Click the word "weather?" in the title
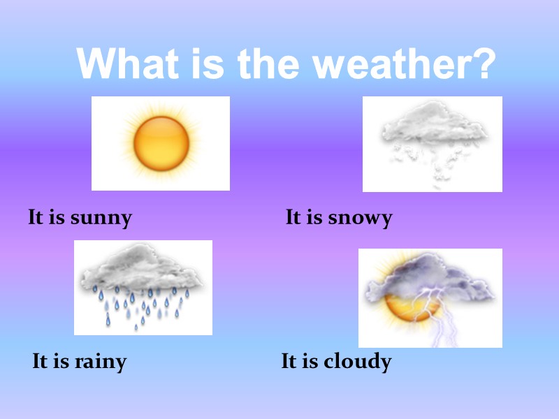tap(405, 64)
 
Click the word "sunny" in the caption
tap(101, 218)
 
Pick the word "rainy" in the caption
tap(100, 362)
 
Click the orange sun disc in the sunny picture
tap(161, 143)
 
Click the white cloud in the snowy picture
tap(433, 126)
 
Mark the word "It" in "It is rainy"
tap(41, 362)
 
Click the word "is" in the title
tap(209, 64)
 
